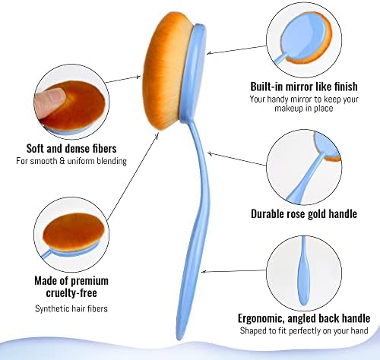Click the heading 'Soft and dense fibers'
tap(71, 149)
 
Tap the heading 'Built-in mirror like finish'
tap(304, 87)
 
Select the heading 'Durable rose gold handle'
tap(304, 214)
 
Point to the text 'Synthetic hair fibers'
tap(71, 309)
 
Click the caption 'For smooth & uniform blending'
tap(71, 161)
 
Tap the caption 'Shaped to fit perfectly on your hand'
tap(304, 330)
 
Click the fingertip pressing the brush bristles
tap(49, 100)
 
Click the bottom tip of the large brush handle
tap(179, 339)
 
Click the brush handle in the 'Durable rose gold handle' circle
tap(306, 177)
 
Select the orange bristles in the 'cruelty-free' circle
tap(74, 232)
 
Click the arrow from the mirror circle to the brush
tap(236, 50)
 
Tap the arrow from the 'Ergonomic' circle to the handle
tap(234, 271)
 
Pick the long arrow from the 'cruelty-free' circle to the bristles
tap(133, 176)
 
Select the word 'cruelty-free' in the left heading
tap(71, 293)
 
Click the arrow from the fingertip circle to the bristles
tap(123, 79)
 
